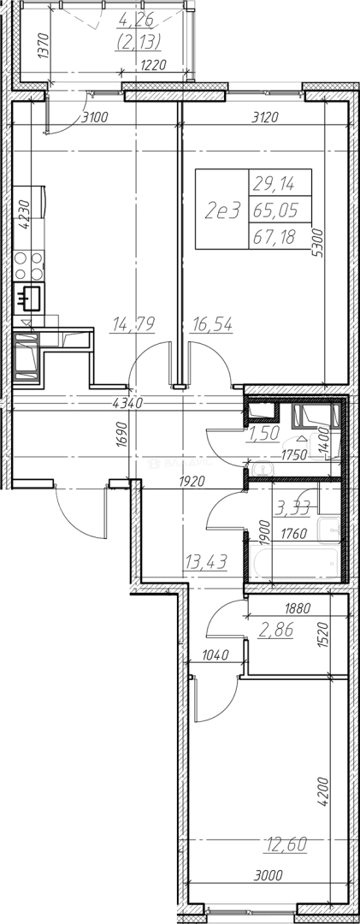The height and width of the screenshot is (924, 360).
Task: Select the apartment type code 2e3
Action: pos(222,210)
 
